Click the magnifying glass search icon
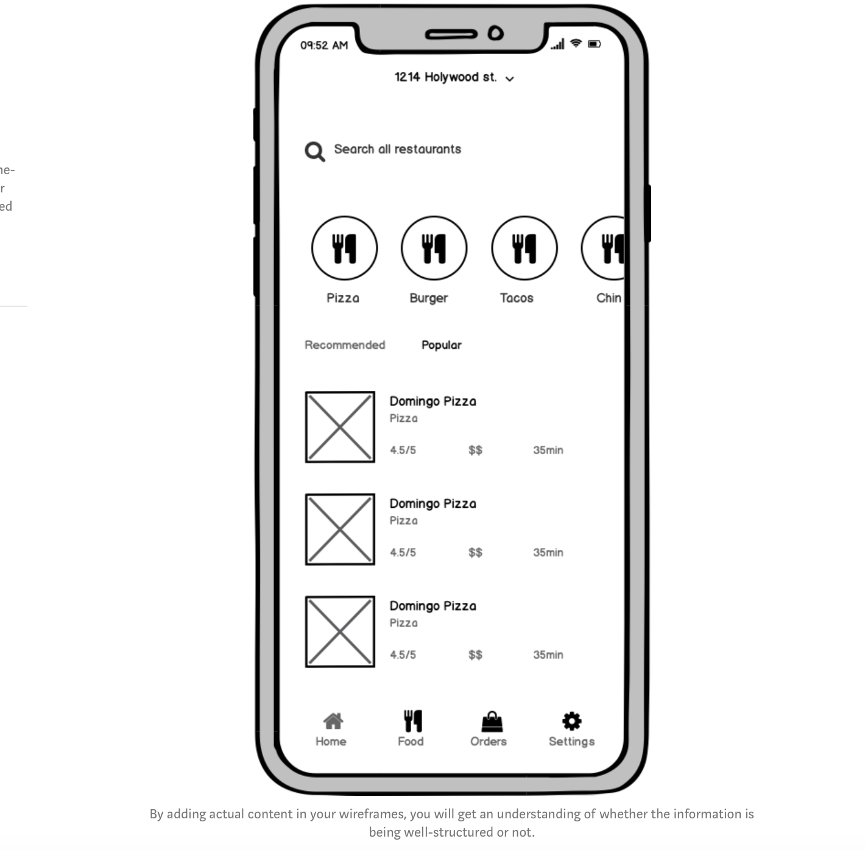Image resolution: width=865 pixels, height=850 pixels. pyautogui.click(x=314, y=151)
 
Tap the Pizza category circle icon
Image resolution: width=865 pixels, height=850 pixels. pyautogui.click(x=344, y=248)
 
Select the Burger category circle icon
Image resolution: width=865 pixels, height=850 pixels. pyautogui.click(x=434, y=248)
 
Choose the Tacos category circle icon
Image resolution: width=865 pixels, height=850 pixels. pyautogui.click(x=524, y=248)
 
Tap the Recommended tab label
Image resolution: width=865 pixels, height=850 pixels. pyautogui.click(x=345, y=345)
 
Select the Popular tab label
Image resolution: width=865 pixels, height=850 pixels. pyautogui.click(x=442, y=345)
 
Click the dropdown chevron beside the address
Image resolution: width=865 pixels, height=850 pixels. pyautogui.click(x=510, y=79)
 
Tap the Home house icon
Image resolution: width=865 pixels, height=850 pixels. pyautogui.click(x=333, y=722)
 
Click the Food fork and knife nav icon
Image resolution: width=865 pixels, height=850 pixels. pyautogui.click(x=412, y=721)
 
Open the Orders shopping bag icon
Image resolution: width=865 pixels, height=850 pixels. pyautogui.click(x=492, y=722)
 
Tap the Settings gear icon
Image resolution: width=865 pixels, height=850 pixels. pyautogui.click(x=571, y=721)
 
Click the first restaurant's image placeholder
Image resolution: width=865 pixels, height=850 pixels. pyautogui.click(x=340, y=427)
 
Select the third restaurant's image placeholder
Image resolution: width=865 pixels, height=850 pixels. pyautogui.click(x=340, y=631)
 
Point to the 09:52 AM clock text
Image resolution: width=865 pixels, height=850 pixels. pyautogui.click(x=324, y=46)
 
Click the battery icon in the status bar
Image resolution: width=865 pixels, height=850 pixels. pyautogui.click(x=594, y=44)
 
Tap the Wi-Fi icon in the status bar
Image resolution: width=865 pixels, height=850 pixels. pyautogui.click(x=576, y=43)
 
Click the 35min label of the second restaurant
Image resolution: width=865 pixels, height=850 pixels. pyautogui.click(x=548, y=552)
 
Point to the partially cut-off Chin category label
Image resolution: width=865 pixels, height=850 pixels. pyautogui.click(x=609, y=298)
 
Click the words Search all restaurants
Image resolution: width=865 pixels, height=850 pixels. pyautogui.click(x=397, y=149)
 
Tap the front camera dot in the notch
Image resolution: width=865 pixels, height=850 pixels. pyautogui.click(x=496, y=33)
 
